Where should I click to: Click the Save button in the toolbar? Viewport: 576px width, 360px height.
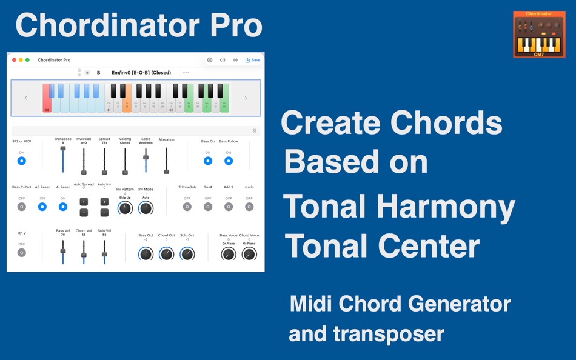[x=253, y=60]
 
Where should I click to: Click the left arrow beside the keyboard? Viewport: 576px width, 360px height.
[x=25, y=98]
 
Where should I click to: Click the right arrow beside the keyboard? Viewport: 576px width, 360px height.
[x=246, y=98]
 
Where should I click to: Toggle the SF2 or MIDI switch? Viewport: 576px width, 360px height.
[x=22, y=161]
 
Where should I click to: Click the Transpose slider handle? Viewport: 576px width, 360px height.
[x=63, y=148]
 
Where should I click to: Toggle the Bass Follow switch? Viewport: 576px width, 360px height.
[x=229, y=161]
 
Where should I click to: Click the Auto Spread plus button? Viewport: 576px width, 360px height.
[x=84, y=202]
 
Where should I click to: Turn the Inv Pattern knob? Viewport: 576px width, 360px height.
[x=125, y=208]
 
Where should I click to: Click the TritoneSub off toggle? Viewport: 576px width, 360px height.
[x=187, y=207]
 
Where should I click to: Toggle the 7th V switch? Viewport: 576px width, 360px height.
[x=22, y=252]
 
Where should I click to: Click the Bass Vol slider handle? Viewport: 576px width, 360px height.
[x=63, y=250]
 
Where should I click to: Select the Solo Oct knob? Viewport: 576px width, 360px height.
[x=187, y=253]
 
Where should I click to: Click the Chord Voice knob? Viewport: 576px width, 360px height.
[x=249, y=254]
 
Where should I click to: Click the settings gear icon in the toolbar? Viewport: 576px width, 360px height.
[x=210, y=60]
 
